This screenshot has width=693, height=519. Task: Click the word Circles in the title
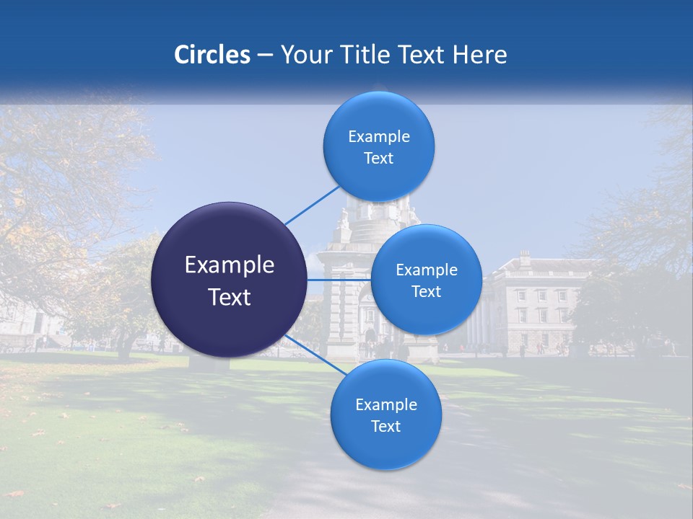212,55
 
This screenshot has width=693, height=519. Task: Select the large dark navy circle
230,280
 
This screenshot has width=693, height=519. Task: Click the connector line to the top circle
312,205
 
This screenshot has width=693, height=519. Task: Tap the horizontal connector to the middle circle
339,280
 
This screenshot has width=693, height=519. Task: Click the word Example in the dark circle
230,265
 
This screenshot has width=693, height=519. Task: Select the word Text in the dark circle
230,297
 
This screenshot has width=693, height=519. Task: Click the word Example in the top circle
379,136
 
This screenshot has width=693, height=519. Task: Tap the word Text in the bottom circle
385,426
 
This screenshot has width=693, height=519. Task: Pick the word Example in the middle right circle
427,270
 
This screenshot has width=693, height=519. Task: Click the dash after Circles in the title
264,55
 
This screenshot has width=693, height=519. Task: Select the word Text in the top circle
378,158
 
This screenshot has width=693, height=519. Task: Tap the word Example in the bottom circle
386,404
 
